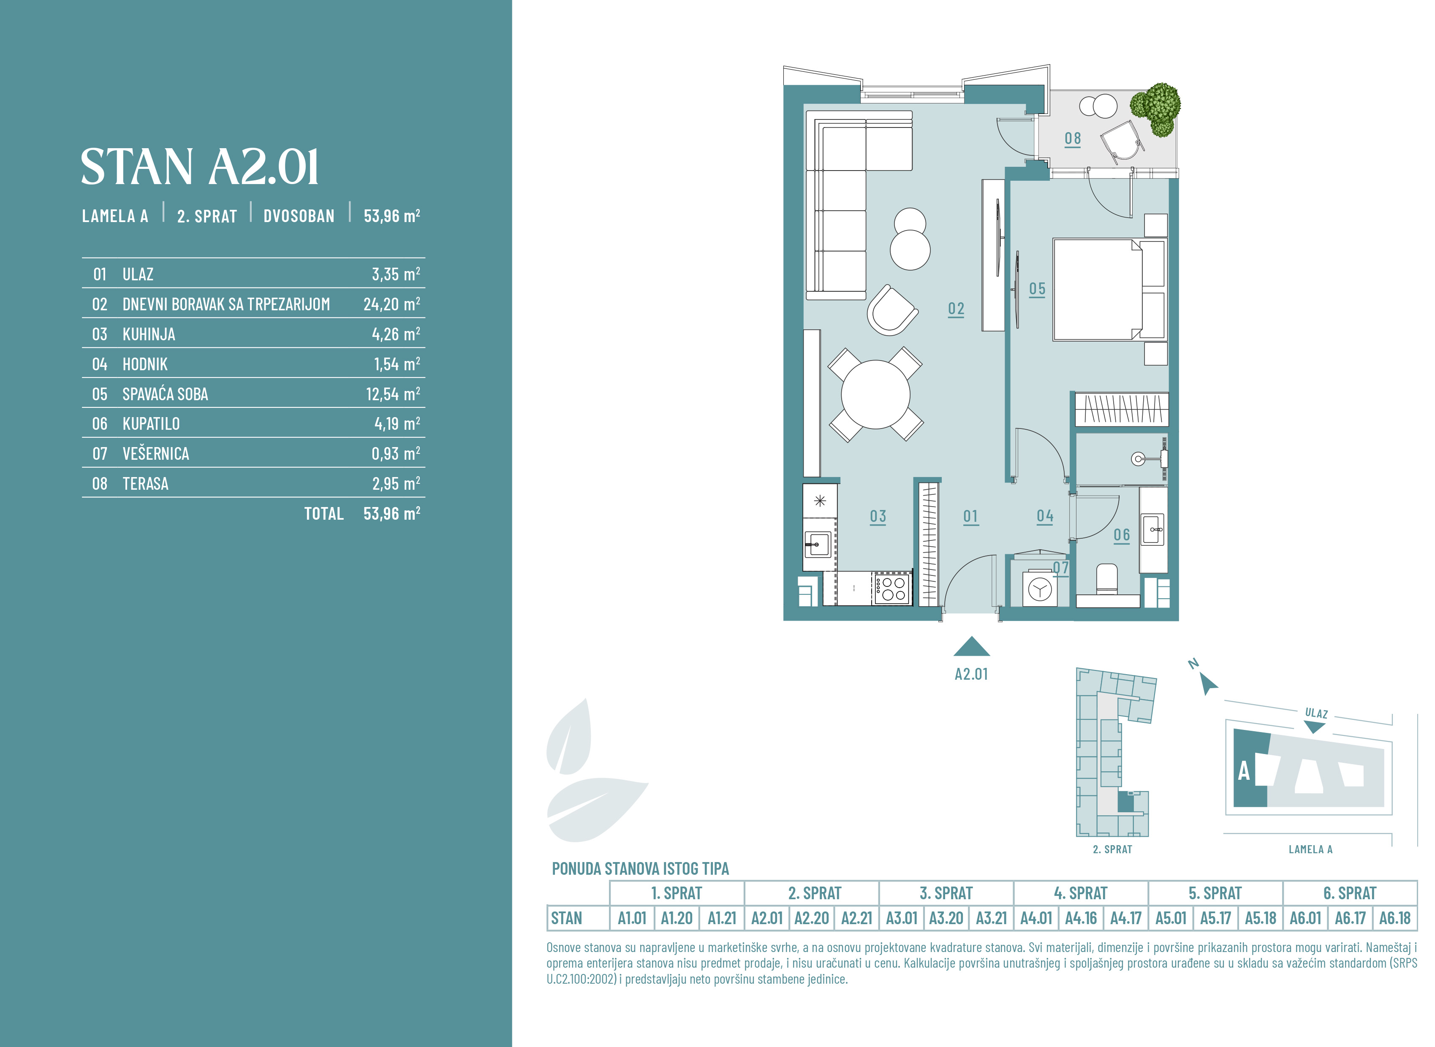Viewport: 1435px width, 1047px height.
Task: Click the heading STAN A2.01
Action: point(200,167)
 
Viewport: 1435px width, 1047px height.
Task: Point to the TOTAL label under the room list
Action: point(324,513)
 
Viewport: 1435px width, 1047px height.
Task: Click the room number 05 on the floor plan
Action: point(1037,289)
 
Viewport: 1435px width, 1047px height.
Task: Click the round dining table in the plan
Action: point(875,394)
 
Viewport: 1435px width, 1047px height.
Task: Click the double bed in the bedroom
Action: point(1109,289)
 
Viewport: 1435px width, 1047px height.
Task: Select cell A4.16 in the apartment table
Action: point(1081,918)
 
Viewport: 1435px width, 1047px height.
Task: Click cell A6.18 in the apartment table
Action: point(1394,918)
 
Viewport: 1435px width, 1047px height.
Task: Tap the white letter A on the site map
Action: point(1244,771)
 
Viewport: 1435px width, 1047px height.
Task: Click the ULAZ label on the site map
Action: point(1316,713)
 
